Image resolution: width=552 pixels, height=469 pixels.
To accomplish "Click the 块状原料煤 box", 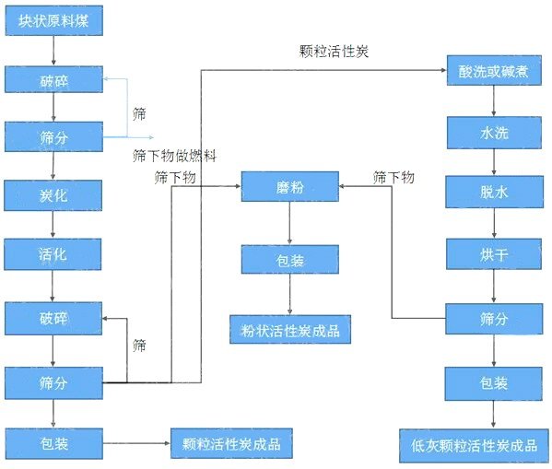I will (x=53, y=22).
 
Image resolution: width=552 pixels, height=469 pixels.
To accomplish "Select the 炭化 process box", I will (x=53, y=195).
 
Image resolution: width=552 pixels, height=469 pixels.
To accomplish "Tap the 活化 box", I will (x=53, y=253).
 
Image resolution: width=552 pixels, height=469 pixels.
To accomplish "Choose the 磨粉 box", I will (x=290, y=188).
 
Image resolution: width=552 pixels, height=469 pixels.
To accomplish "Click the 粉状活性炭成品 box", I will (x=290, y=329).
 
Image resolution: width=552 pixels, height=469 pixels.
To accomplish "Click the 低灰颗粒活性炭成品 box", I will (x=475, y=445).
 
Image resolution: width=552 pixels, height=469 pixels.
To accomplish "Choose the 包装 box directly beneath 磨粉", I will (x=290, y=259).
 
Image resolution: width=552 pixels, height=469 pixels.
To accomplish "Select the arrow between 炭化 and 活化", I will (x=53, y=225).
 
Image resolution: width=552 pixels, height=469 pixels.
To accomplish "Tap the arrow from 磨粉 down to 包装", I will (x=290, y=223).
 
